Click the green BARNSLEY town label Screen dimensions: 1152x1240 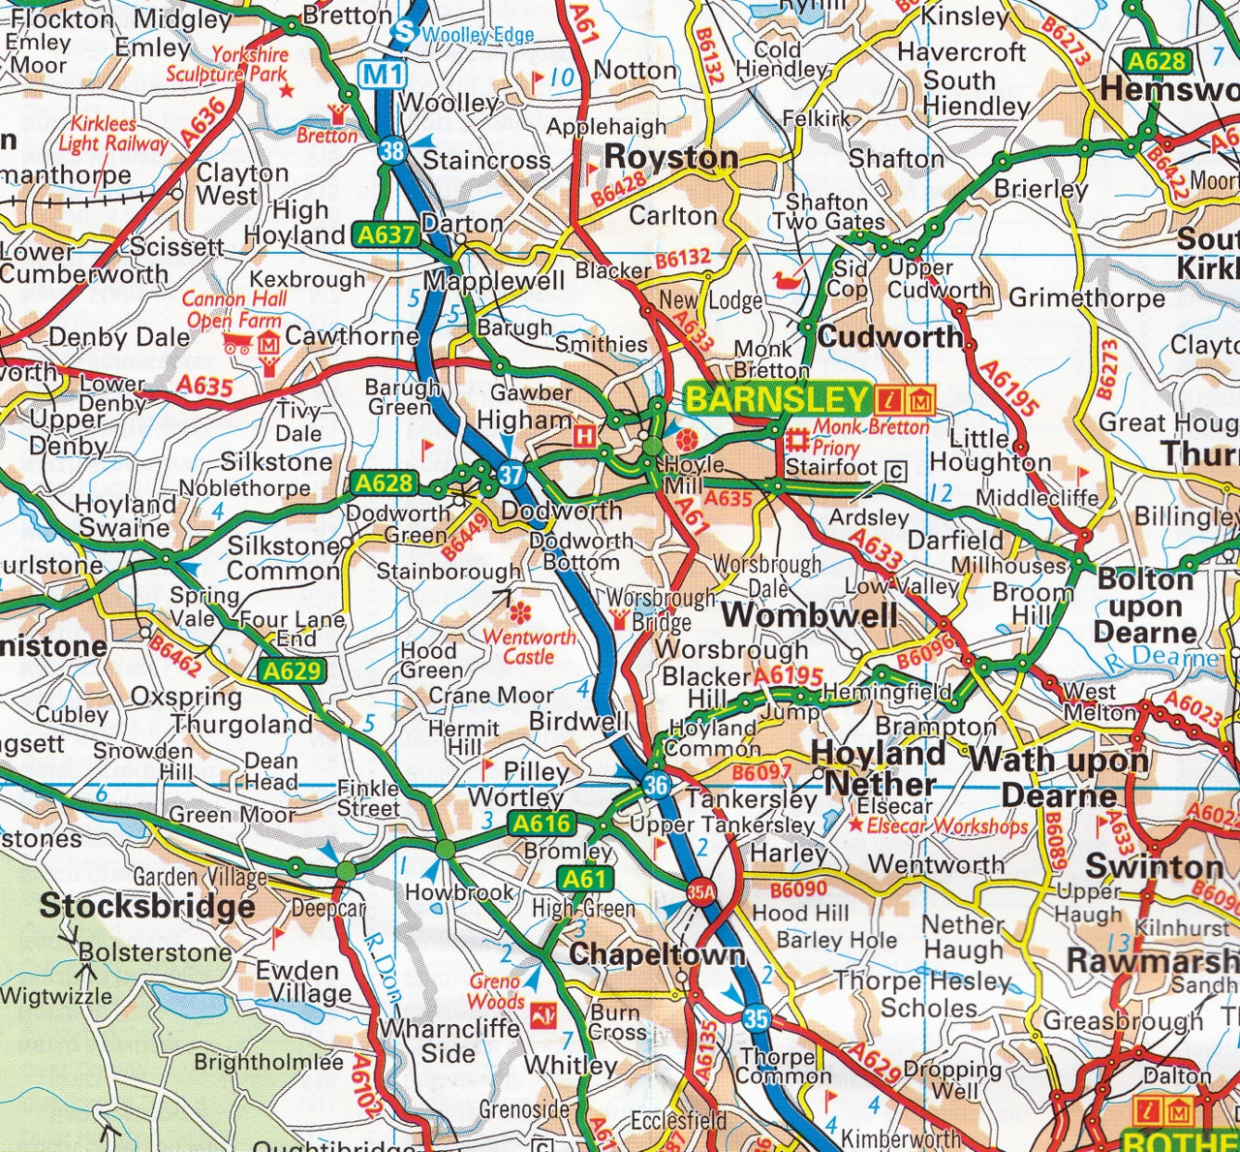tap(777, 398)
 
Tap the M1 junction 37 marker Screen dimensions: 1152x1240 tap(511, 474)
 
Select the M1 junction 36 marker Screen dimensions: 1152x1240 tap(656, 784)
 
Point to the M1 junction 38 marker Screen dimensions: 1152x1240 tap(392, 150)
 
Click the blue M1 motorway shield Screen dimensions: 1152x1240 tap(383, 74)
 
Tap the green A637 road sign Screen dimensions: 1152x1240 tap(386, 234)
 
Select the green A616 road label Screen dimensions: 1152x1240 tap(542, 824)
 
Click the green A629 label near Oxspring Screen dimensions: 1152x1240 tap(292, 670)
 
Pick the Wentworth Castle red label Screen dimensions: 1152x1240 tap(529, 646)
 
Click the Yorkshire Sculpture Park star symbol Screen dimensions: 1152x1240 tap(286, 90)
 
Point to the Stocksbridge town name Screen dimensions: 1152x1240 tap(147, 907)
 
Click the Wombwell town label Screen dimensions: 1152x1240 tap(809, 614)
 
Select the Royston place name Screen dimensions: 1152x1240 tap(671, 157)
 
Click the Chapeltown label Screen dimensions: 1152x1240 tap(658, 954)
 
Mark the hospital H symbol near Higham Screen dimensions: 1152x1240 tap(584, 437)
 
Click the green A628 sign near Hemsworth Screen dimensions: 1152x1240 tap(1157, 61)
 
